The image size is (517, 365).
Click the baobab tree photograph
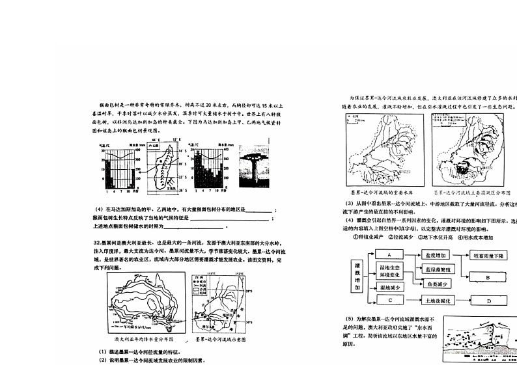pyautogui.click(x=250, y=170)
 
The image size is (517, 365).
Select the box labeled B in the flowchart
pyautogui.click(x=487, y=278)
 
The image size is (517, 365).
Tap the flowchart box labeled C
pyautogui.click(x=389, y=301)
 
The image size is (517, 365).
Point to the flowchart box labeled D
pyautogui.click(x=487, y=301)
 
